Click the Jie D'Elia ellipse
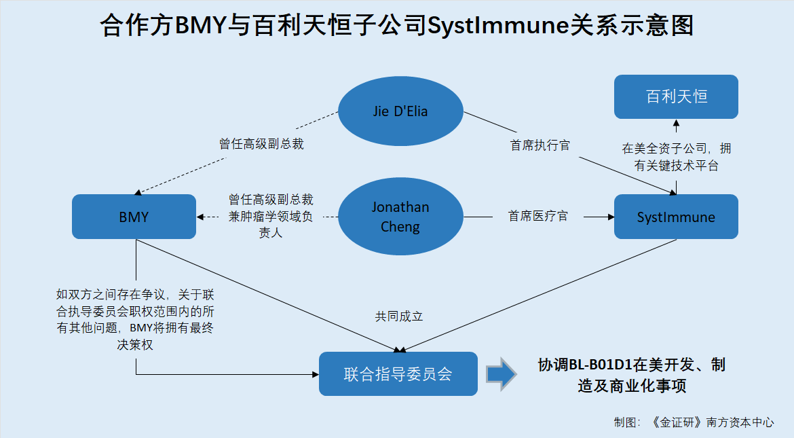[400, 111]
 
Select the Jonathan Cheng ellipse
[400, 217]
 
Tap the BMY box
[134, 217]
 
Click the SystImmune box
[676, 217]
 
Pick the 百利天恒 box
[676, 97]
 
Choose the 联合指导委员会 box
[398, 373]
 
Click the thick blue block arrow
[502, 374]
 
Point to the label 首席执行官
[540, 145]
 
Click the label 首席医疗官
[537, 217]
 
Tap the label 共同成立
[399, 316]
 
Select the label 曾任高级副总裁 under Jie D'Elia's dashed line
[261, 144]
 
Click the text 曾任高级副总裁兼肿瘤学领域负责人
[270, 216]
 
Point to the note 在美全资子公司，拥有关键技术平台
[677, 157]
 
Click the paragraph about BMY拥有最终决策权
[135, 319]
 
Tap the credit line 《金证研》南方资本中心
[712, 422]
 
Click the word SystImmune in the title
[498, 25]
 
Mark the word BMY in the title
[200, 25]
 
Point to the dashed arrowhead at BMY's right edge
[200, 217]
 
